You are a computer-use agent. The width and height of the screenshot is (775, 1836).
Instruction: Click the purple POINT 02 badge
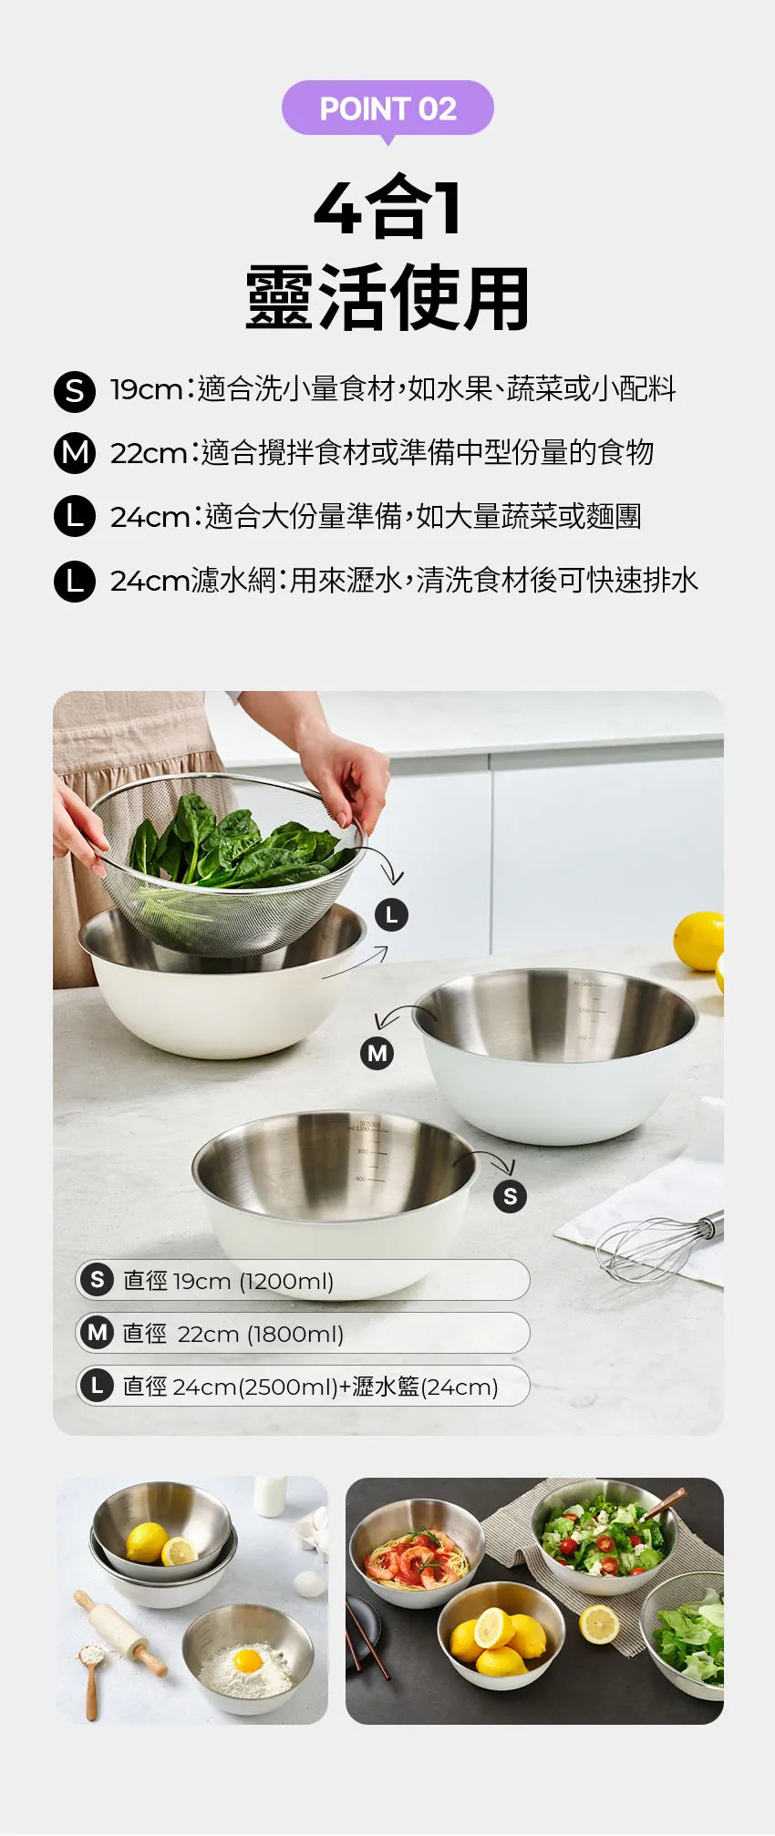(387, 108)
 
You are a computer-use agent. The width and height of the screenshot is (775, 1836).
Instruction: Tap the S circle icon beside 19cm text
(75, 390)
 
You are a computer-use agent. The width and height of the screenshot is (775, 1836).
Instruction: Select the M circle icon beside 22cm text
(75, 453)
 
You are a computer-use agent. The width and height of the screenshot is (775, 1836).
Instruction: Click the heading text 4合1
(387, 209)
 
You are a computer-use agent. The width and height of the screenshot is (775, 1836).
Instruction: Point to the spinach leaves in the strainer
(228, 843)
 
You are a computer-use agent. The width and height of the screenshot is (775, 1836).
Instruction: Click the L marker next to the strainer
(392, 914)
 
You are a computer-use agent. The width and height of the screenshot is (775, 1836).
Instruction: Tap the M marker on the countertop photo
(377, 1053)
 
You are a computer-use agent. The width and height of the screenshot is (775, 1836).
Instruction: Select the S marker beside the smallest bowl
(510, 1196)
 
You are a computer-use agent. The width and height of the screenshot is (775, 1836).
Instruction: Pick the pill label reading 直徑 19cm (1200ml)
(302, 1280)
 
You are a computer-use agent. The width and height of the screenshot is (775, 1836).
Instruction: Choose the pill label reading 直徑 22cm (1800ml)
(302, 1333)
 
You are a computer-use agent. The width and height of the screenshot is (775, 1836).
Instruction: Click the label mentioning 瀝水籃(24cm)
(302, 1386)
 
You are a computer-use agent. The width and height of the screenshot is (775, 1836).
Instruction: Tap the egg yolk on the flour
(248, 1660)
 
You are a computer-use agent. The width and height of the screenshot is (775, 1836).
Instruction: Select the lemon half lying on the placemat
(599, 1624)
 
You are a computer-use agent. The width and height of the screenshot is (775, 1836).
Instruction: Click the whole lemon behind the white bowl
(698, 940)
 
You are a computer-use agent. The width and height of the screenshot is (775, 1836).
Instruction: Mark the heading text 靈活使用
(387, 298)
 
